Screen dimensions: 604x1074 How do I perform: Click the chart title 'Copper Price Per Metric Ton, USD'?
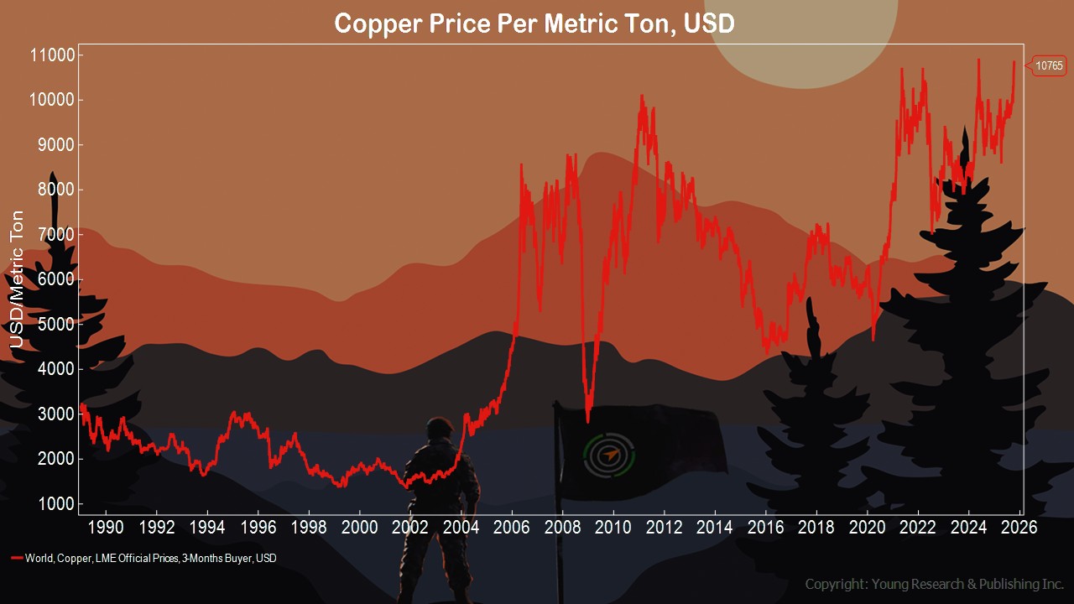(x=534, y=23)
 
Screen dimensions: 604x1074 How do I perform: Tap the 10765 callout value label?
(x=1049, y=65)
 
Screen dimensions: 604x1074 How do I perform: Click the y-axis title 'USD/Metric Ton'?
(x=17, y=281)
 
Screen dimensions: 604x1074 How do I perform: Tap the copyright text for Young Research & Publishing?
(x=934, y=584)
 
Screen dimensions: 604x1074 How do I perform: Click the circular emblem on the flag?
(x=609, y=456)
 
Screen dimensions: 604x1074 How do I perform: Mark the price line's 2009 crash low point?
(x=587, y=421)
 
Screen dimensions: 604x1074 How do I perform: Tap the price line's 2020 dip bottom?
(x=873, y=339)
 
